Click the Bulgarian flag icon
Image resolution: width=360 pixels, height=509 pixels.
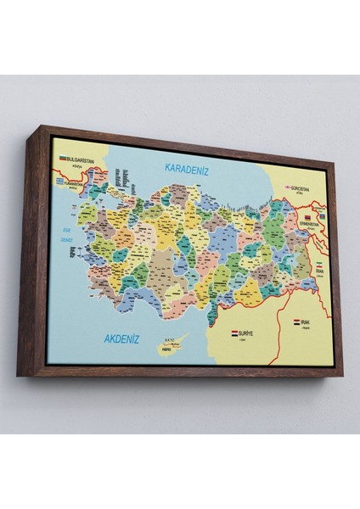63,158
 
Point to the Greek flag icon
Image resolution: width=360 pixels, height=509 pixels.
59,181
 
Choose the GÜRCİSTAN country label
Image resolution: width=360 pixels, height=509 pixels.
301,189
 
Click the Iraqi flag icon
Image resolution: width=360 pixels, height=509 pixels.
297,323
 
